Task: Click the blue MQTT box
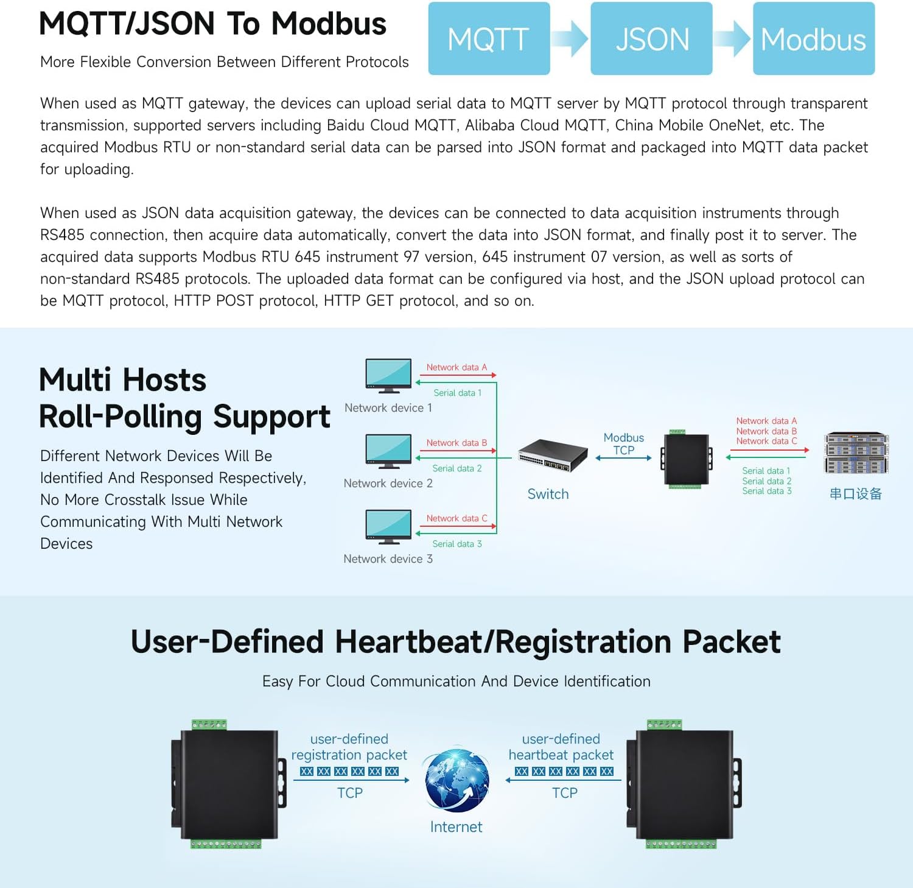tap(489, 38)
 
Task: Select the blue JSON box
tap(651, 38)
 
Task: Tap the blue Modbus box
tap(813, 38)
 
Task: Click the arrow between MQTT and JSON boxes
tap(570, 38)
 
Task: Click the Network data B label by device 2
tap(456, 443)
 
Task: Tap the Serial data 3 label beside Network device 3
tap(456, 544)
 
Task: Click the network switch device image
tap(553, 455)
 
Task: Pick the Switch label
tap(548, 494)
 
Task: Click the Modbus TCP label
tap(623, 444)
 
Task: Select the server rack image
tap(856, 453)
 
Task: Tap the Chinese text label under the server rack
tap(855, 494)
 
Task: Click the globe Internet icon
tap(457, 780)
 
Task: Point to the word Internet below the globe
tap(456, 826)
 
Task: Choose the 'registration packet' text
tap(349, 755)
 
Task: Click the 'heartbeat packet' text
tap(561, 755)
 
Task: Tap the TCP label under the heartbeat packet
tap(564, 793)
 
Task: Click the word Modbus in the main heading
tap(329, 24)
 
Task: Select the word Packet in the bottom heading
tap(731, 642)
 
